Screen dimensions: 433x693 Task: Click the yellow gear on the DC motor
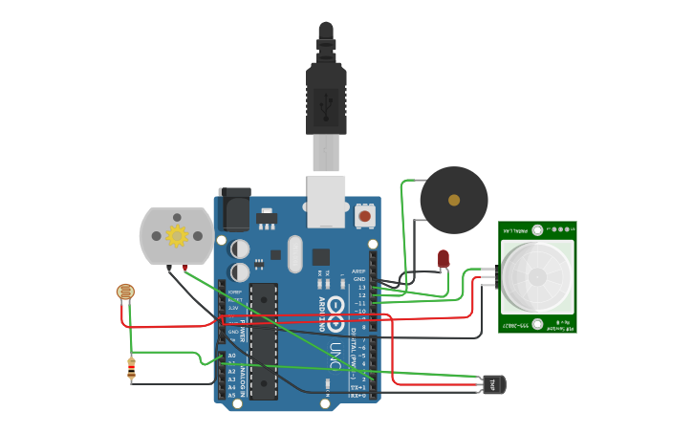(176, 235)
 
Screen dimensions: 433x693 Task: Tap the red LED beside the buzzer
(443, 258)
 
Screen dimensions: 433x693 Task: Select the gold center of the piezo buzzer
(454, 201)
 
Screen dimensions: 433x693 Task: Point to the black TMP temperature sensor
(494, 384)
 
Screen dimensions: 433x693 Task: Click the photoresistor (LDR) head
(125, 292)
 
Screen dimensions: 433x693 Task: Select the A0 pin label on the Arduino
(231, 356)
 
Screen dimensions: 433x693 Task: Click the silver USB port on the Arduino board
(326, 201)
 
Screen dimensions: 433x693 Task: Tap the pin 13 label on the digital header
(360, 287)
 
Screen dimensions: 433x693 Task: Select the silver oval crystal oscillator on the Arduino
(294, 254)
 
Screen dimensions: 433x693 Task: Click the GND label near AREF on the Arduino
(359, 279)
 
